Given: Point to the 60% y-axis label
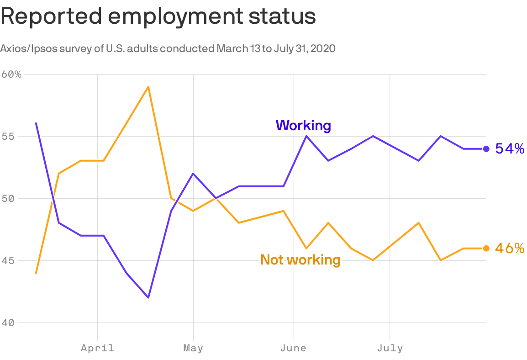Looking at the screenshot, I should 11,74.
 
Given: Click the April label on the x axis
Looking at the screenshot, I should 97,348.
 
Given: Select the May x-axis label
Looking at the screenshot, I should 193,348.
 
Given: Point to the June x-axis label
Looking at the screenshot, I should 293,348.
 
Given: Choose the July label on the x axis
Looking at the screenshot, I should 390,348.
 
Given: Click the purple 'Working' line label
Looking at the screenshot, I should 303,125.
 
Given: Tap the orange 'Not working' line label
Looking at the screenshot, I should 300,259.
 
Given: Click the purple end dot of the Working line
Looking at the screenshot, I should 486,148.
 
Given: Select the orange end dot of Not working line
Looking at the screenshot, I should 486,248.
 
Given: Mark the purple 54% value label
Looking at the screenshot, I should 510,148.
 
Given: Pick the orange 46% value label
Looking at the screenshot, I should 510,248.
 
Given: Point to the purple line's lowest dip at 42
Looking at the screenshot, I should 148,298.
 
